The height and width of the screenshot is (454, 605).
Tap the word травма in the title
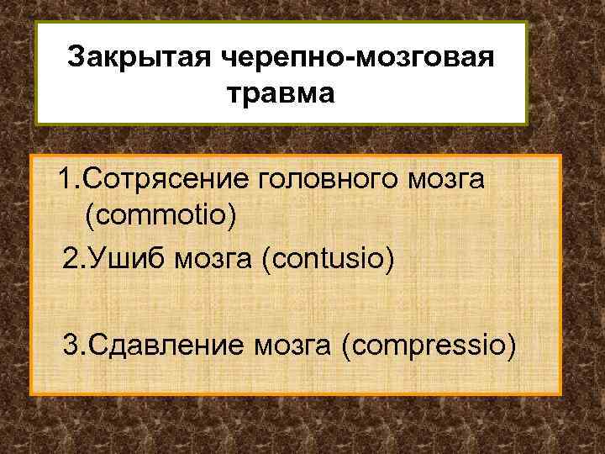click(281, 92)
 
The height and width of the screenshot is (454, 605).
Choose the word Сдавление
click(165, 344)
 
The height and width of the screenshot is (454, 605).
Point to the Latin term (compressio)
click(427, 344)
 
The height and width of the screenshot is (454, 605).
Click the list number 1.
click(64, 178)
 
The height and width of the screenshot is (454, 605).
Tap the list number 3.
click(72, 344)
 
